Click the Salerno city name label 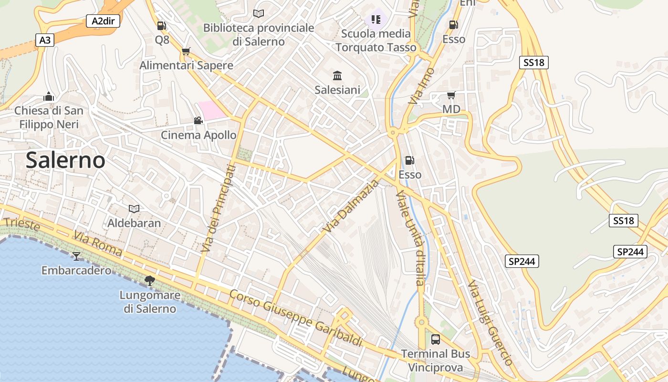click(65, 160)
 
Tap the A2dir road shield click(103, 21)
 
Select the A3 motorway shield click(45, 40)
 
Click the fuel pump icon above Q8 click(162, 26)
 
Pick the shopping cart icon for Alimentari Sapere click(186, 51)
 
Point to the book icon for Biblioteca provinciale click(259, 14)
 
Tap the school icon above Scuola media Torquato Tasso click(376, 20)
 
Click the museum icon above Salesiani click(337, 75)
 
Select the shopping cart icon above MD click(451, 95)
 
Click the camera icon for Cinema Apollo click(198, 120)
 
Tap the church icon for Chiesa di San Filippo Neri click(49, 96)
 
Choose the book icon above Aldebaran click(134, 209)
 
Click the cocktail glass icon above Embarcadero click(76, 256)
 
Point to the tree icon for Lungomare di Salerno click(150, 281)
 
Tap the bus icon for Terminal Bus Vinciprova click(436, 340)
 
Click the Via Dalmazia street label click(351, 206)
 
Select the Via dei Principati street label click(218, 208)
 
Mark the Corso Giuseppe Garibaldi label click(296, 318)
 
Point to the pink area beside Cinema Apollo click(211, 110)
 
